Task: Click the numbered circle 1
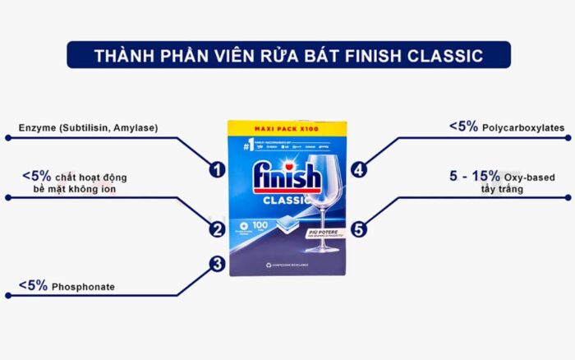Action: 217,169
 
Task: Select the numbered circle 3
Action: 217,264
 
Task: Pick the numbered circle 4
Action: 358,169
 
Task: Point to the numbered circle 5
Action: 358,229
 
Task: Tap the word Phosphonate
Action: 83,287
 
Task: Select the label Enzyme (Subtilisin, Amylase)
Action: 88,127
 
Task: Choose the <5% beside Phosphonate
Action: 34,286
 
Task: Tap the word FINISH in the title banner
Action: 357,57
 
